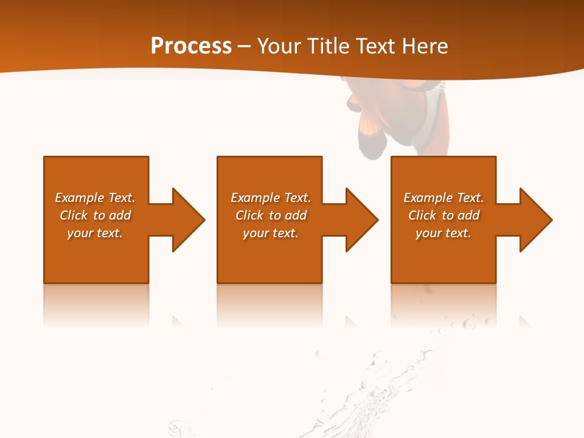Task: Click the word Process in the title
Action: click(191, 46)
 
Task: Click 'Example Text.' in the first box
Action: click(95, 198)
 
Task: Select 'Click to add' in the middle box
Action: click(271, 215)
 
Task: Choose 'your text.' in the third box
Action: click(443, 233)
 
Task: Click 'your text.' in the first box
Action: click(95, 233)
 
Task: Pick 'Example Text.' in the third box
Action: click(443, 198)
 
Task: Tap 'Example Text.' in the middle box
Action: click(271, 198)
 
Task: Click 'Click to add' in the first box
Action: click(95, 215)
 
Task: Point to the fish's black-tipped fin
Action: click(372, 143)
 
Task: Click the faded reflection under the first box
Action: click(96, 304)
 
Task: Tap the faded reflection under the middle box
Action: click(269, 304)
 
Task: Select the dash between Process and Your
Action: click(244, 46)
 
